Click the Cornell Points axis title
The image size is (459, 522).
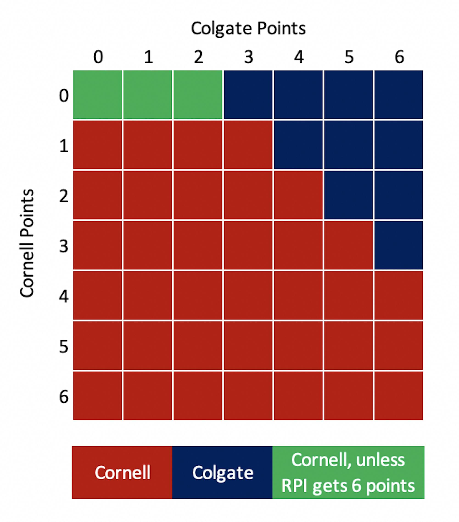point(27,243)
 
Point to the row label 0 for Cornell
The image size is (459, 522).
point(64,95)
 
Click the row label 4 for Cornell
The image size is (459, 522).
point(64,296)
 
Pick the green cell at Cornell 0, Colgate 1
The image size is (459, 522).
point(148,95)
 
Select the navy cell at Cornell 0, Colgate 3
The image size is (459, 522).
point(248,95)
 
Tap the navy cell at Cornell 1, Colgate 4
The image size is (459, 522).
point(298,145)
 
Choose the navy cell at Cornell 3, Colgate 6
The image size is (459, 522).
point(399,245)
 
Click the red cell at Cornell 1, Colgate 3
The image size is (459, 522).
point(248,145)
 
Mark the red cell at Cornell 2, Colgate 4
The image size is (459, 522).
point(298,195)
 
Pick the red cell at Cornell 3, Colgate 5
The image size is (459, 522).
point(348,245)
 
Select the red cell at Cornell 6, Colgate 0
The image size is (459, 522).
point(97,396)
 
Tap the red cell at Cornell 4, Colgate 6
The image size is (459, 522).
point(399,295)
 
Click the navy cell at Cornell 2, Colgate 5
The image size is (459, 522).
point(348,195)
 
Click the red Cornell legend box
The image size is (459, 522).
point(122,472)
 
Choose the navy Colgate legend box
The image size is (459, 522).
point(222,472)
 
